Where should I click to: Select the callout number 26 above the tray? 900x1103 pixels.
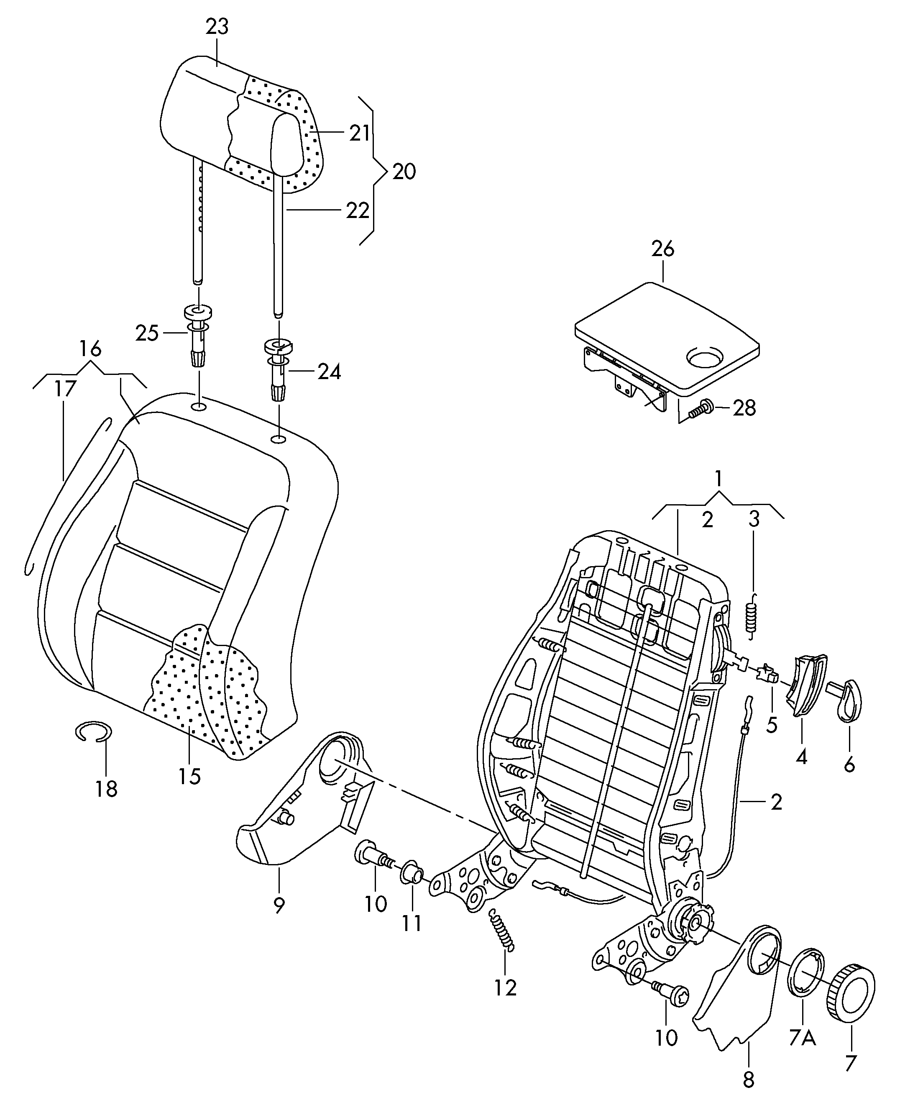coord(663,249)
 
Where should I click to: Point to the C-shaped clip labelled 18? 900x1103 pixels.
coord(93,732)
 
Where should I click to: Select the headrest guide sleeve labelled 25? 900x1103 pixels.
coord(197,336)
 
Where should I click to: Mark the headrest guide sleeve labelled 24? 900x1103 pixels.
coord(279,369)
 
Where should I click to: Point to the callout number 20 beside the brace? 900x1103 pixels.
coord(404,172)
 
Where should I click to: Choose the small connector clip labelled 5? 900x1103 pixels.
coord(768,674)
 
